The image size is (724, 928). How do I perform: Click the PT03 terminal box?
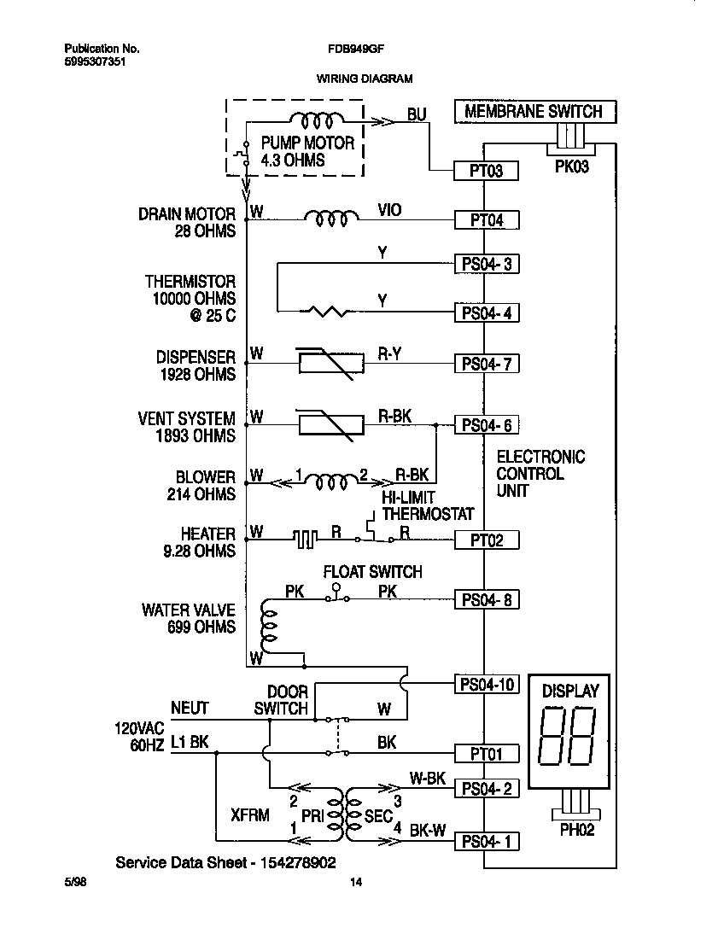(x=487, y=171)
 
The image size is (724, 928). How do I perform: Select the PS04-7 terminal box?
(x=487, y=364)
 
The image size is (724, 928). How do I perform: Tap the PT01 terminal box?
(x=487, y=753)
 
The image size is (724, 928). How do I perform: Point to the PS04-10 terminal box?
(x=487, y=683)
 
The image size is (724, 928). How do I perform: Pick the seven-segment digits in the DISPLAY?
(x=569, y=738)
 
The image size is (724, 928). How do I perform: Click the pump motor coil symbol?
(x=317, y=120)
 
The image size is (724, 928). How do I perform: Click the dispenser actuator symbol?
(x=325, y=363)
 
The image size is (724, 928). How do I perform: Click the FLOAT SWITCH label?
(x=372, y=571)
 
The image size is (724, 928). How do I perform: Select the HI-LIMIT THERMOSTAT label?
(x=427, y=505)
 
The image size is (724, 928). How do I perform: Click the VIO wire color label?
(x=390, y=209)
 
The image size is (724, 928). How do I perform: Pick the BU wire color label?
(x=417, y=114)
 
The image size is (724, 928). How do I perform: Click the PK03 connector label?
(x=572, y=166)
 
